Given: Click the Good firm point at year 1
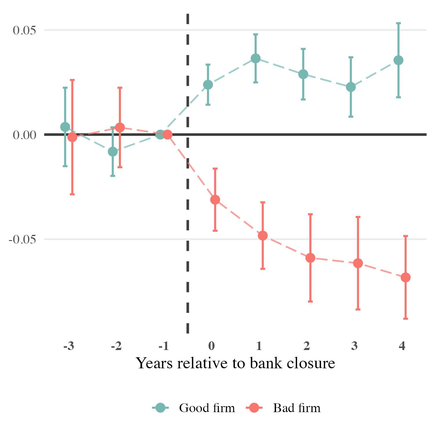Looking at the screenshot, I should (x=255, y=58).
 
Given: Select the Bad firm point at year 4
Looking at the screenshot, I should (x=405, y=278).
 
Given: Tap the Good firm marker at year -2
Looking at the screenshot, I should (x=113, y=151).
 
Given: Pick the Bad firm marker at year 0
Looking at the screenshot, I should (x=215, y=200).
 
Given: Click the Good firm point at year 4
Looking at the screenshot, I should (x=398, y=60).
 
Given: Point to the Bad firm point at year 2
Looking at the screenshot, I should (x=310, y=258).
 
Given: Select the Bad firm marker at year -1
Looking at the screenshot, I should (x=167, y=135).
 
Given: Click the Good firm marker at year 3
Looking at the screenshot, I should (x=351, y=87).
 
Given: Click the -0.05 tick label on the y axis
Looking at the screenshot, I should (x=23, y=240).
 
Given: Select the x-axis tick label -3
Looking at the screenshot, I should (x=68, y=346).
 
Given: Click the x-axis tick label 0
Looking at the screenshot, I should (x=212, y=346).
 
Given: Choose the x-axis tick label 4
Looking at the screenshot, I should (x=402, y=346).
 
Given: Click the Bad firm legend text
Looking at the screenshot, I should (x=297, y=408).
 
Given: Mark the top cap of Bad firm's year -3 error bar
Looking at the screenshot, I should (x=72, y=80).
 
